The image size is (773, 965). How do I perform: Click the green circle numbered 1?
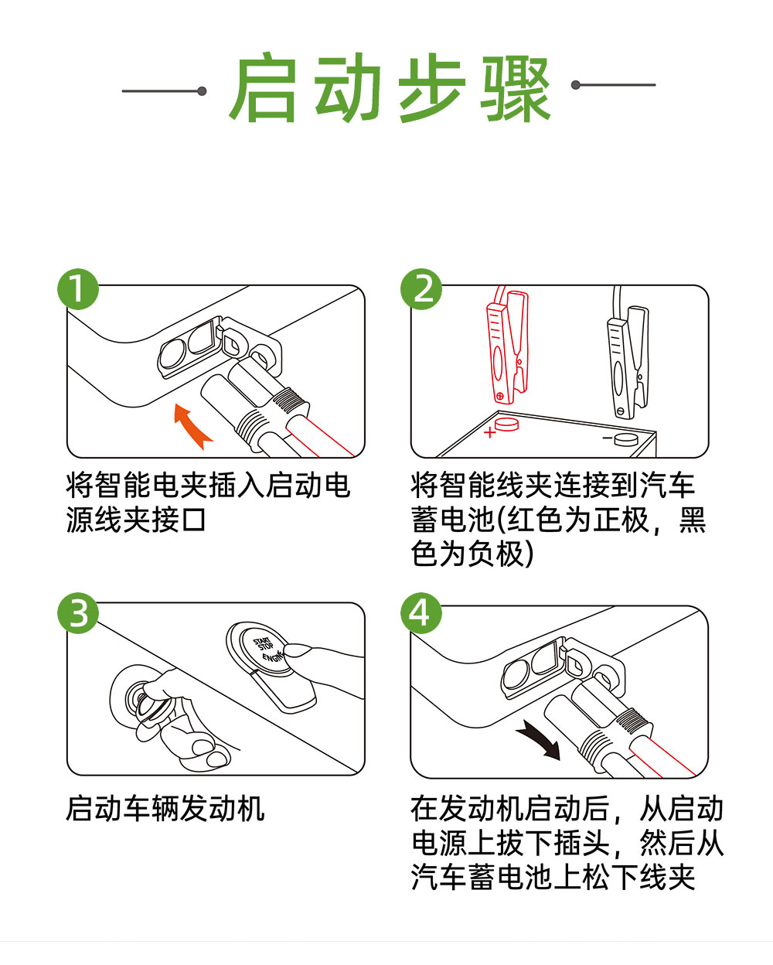coord(78,288)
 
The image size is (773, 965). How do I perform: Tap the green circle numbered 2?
coord(421,288)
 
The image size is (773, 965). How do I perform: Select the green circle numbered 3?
coord(78,612)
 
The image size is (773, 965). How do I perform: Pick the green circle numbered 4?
coord(421,612)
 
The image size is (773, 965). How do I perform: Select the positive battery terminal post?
coord(506,423)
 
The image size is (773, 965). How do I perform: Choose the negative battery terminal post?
coord(625,439)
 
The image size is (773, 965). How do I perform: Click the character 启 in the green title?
coord(263,87)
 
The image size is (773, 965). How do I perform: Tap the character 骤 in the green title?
coord(516,89)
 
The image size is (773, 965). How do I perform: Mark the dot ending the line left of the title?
coord(203,91)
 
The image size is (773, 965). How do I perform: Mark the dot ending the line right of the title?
coord(576,85)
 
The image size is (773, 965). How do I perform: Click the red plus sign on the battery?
coord(489,432)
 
